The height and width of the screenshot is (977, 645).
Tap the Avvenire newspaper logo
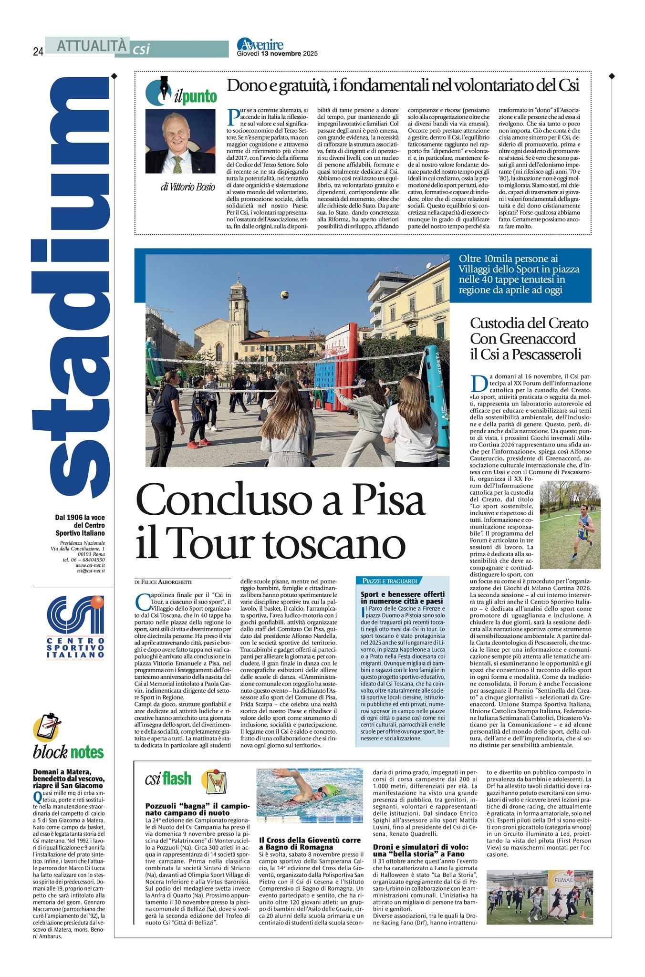pyautogui.click(x=260, y=45)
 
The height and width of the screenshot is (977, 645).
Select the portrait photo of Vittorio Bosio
pyautogui.click(x=180, y=141)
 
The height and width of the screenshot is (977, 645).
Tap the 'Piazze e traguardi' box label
pyautogui.click(x=390, y=581)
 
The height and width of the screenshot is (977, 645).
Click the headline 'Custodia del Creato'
pyautogui.click(x=529, y=323)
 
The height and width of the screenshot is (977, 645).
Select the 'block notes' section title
pyautogui.click(x=68, y=752)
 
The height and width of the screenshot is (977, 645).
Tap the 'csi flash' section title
pyautogui.click(x=168, y=779)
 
